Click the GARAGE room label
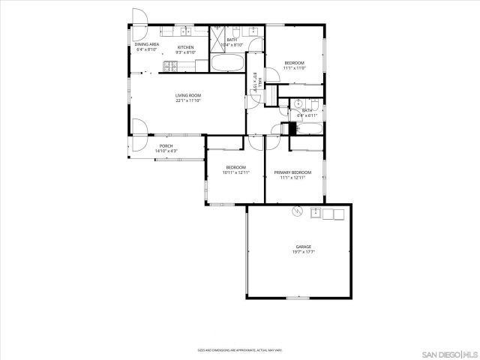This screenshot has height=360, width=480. [x=303, y=247]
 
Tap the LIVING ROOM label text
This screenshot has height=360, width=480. [x=188, y=95]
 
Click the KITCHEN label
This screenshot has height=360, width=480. [x=185, y=48]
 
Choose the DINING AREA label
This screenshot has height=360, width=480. [x=146, y=45]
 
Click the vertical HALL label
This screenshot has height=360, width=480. [x=255, y=81]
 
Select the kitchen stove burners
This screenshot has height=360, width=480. [x=170, y=67]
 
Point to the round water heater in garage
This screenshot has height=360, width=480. [x=296, y=213]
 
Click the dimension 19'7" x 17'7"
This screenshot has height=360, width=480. [x=303, y=252]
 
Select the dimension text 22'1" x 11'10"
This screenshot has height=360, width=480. [x=188, y=100]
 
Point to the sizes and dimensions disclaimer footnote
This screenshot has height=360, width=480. [x=239, y=349]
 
